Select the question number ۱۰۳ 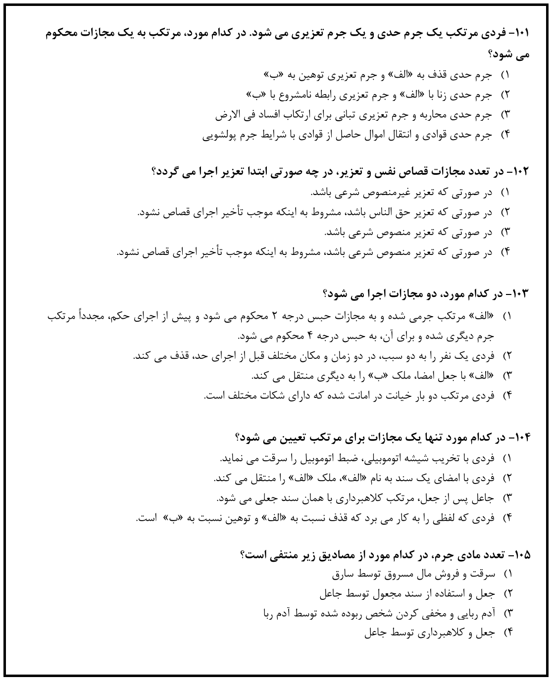tap(521, 293)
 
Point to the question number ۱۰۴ tap(521, 438)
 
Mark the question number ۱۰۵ tap(521, 554)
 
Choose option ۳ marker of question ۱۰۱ tap(506, 115)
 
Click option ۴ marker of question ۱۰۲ tap(506, 252)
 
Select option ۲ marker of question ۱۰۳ tap(506, 356)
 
